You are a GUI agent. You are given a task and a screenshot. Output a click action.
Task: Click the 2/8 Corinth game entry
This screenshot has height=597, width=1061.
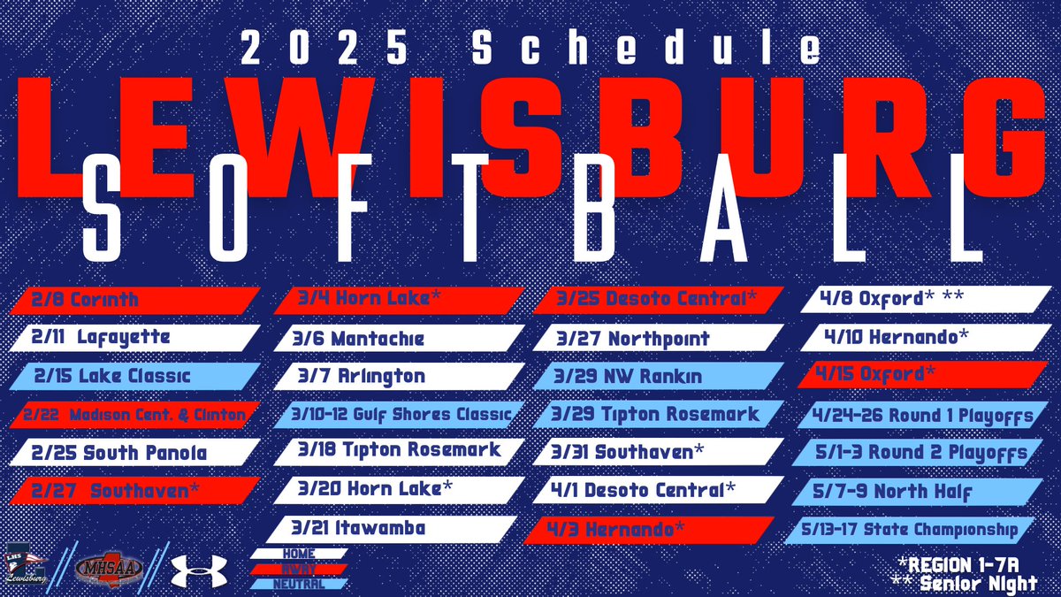[x=133, y=301]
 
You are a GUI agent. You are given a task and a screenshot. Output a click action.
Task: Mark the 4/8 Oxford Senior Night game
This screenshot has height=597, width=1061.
[x=920, y=299]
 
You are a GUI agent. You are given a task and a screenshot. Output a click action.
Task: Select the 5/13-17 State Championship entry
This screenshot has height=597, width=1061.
[x=911, y=531]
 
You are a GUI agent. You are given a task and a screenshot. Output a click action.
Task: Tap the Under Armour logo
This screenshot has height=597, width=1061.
[x=199, y=570]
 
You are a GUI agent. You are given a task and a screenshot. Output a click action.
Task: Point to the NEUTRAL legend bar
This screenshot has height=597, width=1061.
[x=298, y=584]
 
